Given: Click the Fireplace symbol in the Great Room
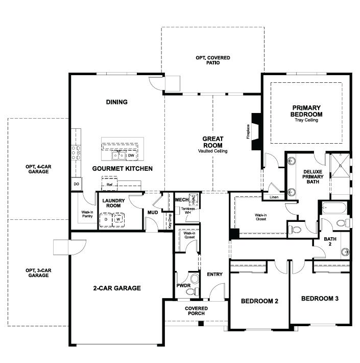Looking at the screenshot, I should coord(257,131).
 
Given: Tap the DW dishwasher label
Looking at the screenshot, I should coord(131,155).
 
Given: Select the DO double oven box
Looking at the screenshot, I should coord(76,184).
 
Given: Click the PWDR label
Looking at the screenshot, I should coord(183,286).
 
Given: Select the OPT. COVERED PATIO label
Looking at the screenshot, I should coord(212,60).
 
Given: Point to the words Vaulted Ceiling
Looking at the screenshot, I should coord(213,151).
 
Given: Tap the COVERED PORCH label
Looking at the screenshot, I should coord(197,311).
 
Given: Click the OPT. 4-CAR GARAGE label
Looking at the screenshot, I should coord(38,169).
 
